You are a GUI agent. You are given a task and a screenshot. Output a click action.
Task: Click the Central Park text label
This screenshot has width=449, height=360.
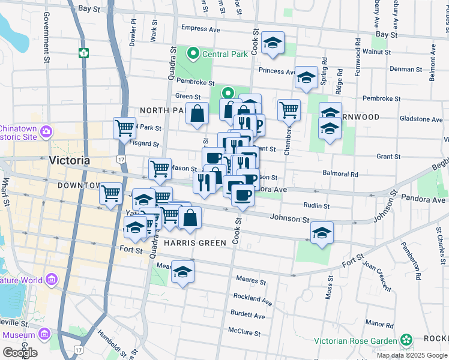point(225,54)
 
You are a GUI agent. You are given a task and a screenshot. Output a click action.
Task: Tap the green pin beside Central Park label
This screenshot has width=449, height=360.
point(193,54)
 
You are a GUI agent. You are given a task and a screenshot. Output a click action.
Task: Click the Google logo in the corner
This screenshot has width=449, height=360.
point(20,352)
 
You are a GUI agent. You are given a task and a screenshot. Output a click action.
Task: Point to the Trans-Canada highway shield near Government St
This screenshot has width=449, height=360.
point(83,52)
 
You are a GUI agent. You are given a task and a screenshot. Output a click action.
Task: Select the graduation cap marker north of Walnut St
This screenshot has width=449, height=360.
point(273,44)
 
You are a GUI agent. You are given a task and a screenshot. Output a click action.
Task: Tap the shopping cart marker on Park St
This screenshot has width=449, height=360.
point(124,127)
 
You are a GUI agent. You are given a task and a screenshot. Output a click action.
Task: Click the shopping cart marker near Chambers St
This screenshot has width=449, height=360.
point(289,110)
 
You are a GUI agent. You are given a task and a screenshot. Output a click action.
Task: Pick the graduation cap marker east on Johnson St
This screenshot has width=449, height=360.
point(322,232)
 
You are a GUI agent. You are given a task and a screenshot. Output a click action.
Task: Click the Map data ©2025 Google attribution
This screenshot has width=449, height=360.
point(411,355)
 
